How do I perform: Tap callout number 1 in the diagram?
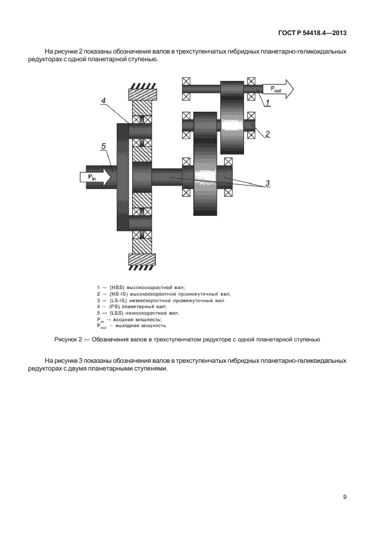pyautogui.click(x=268, y=102)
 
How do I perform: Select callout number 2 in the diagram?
pyautogui.click(x=268, y=133)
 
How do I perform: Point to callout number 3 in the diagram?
pyautogui.click(x=268, y=183)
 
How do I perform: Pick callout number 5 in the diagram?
pyautogui.click(x=104, y=146)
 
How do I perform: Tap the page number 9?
pyautogui.click(x=345, y=497)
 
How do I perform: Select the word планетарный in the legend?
pyautogui.click(x=135, y=307)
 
